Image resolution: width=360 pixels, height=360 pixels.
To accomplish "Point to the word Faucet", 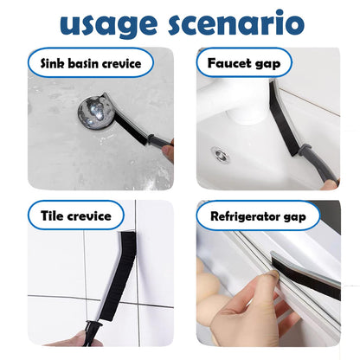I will tap(229, 63).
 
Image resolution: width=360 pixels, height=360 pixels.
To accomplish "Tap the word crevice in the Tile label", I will tap(90, 215).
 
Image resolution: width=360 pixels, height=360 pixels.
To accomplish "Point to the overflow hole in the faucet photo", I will tap(221, 154).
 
